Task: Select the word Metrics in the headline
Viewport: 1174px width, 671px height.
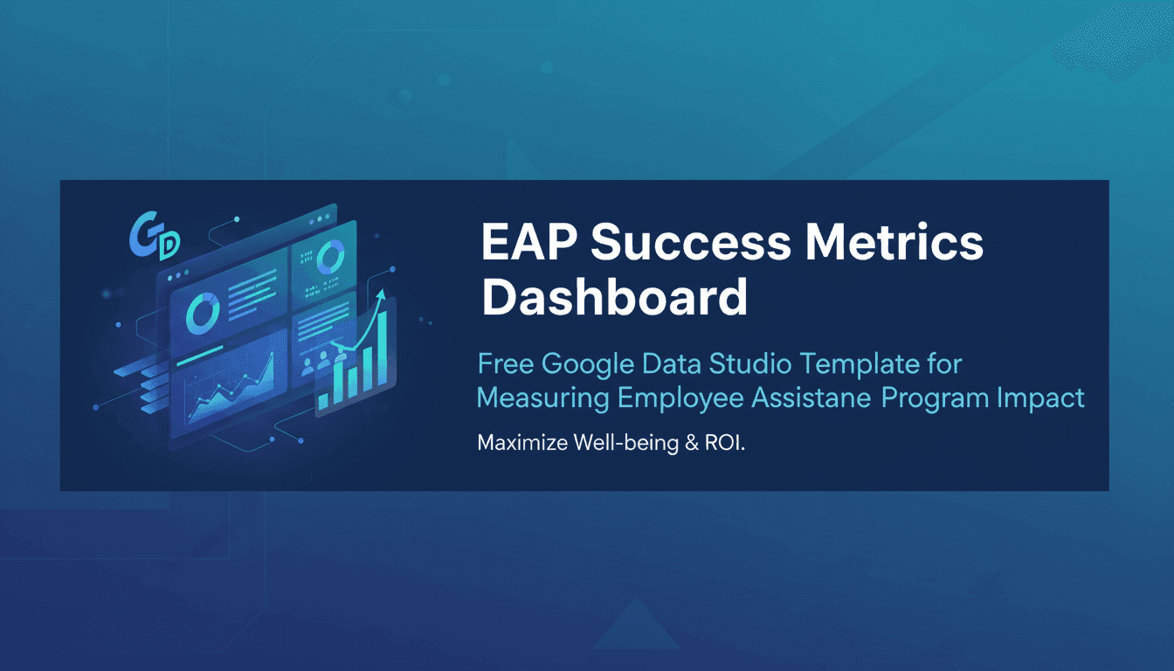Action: point(901,243)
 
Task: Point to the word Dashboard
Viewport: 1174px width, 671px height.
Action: point(614,297)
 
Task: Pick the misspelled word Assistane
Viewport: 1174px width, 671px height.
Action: point(811,398)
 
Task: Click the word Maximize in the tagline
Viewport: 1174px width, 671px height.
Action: point(521,443)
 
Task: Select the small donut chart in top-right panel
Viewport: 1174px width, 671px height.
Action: point(330,258)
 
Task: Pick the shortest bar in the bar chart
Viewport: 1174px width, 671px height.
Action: point(324,399)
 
